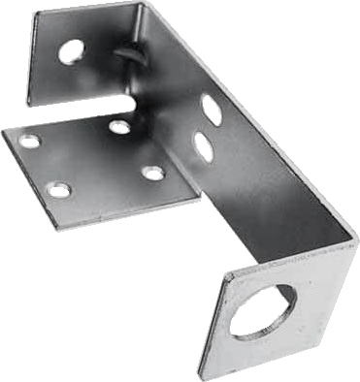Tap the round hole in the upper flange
(x=71, y=50)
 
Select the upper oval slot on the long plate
(x=211, y=109)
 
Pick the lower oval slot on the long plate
(x=204, y=146)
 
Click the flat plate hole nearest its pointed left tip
(x=30, y=141)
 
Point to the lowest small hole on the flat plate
(x=59, y=189)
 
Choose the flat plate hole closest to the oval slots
(x=153, y=173)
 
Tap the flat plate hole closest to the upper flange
(x=119, y=126)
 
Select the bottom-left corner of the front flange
(x=202, y=374)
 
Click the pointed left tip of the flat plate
(x=5, y=132)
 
